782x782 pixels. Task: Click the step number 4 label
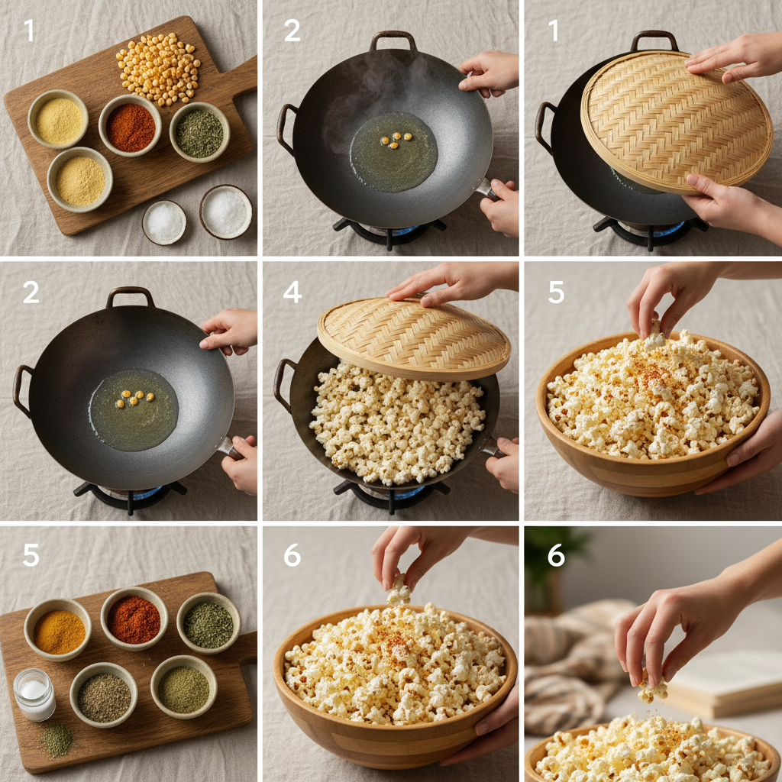click(292, 292)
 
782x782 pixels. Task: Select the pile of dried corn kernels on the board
click(158, 68)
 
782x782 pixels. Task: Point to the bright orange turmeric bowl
click(58, 631)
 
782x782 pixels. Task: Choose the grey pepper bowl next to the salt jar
click(104, 696)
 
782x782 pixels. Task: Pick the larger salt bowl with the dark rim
click(226, 212)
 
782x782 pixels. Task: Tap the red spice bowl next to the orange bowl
click(134, 619)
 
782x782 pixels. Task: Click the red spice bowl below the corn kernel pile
click(130, 127)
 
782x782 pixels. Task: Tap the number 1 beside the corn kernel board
click(29, 31)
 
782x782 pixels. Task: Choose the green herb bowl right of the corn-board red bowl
click(199, 132)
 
